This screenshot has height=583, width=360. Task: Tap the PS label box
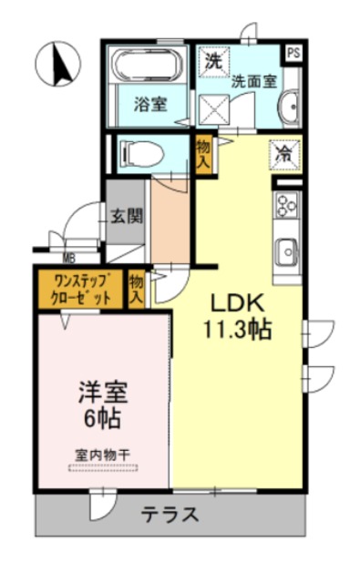coord(293,52)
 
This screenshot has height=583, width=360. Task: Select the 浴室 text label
coord(149,104)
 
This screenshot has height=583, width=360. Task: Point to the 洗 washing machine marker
coord(213,63)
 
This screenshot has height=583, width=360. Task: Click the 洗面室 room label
coord(254,80)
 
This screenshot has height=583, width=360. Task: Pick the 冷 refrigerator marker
coord(285,154)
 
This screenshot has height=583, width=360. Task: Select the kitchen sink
coord(286,250)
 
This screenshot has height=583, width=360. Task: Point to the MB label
coord(69,258)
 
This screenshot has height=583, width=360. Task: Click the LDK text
coord(240,303)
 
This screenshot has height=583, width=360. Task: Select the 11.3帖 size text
coord(240,330)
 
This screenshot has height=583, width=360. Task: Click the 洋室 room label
coord(101,394)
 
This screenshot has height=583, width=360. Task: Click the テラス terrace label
coord(170,515)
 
